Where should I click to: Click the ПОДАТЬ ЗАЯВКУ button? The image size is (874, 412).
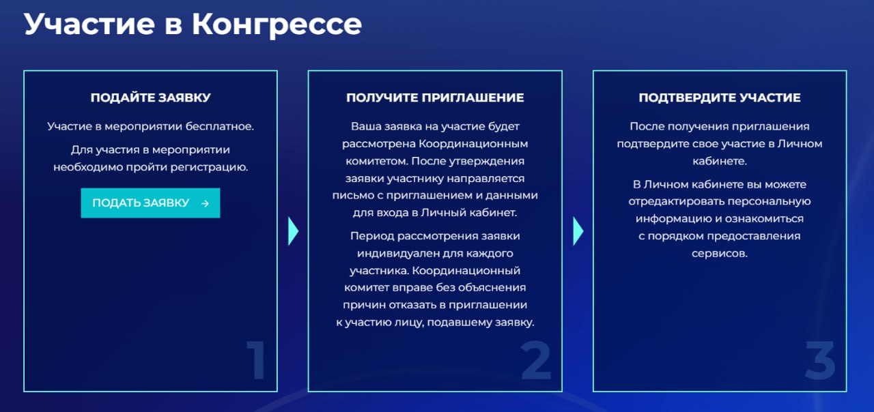150,203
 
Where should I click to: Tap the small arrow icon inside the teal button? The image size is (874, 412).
206,203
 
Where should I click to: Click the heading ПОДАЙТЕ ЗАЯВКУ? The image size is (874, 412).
151,98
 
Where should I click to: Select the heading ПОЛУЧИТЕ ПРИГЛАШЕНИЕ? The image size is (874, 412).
435,98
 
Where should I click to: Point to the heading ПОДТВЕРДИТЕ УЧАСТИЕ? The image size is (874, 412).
720,98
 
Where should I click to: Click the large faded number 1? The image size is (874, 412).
256,359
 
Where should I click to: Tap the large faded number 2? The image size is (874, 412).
536,359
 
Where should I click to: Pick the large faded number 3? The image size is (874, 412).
820,359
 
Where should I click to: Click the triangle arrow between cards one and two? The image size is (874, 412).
294,231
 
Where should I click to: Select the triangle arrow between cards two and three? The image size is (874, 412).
578,231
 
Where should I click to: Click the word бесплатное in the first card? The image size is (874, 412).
220,126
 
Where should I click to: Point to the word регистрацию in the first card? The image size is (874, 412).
209,168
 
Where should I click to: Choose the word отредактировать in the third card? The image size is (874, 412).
676,202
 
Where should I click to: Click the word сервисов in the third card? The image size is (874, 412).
720,254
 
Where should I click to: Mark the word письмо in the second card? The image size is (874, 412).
353,196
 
